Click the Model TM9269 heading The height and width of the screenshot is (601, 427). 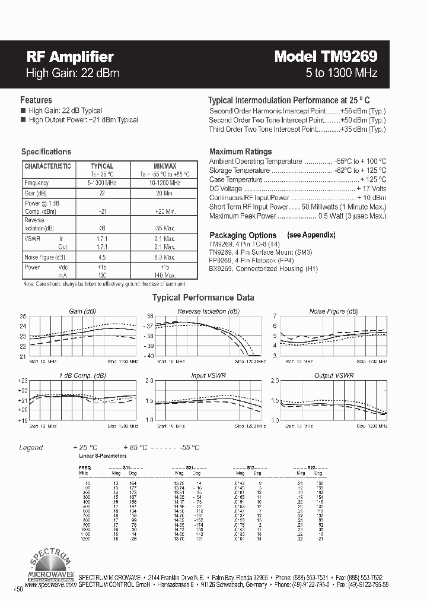(x=326, y=57)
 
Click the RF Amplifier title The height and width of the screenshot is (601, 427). (x=70, y=57)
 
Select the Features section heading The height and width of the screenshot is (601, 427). (x=36, y=100)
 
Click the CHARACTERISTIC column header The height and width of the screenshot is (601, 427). (x=47, y=166)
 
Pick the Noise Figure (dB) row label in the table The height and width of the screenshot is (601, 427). (x=44, y=257)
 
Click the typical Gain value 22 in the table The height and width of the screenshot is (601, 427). (x=102, y=194)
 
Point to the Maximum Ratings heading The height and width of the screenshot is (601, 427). (x=240, y=151)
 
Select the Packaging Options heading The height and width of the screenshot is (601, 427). (x=243, y=235)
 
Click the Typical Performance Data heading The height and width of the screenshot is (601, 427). (x=203, y=298)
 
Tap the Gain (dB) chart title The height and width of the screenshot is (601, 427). (x=82, y=311)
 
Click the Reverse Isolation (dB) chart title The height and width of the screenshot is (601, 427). (x=208, y=311)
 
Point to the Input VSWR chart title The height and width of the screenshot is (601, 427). (x=206, y=375)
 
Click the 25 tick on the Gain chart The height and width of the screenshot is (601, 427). (x=23, y=317)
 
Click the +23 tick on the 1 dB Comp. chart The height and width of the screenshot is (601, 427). (x=23, y=380)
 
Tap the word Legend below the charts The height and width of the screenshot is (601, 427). (x=31, y=447)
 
